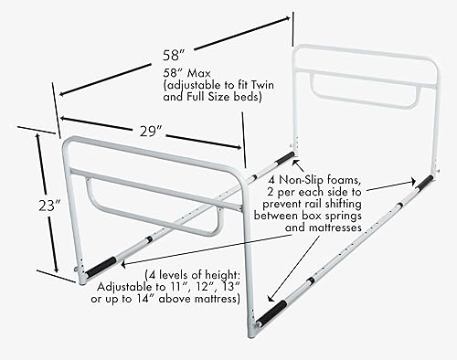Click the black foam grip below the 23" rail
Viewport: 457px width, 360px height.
[101, 265]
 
